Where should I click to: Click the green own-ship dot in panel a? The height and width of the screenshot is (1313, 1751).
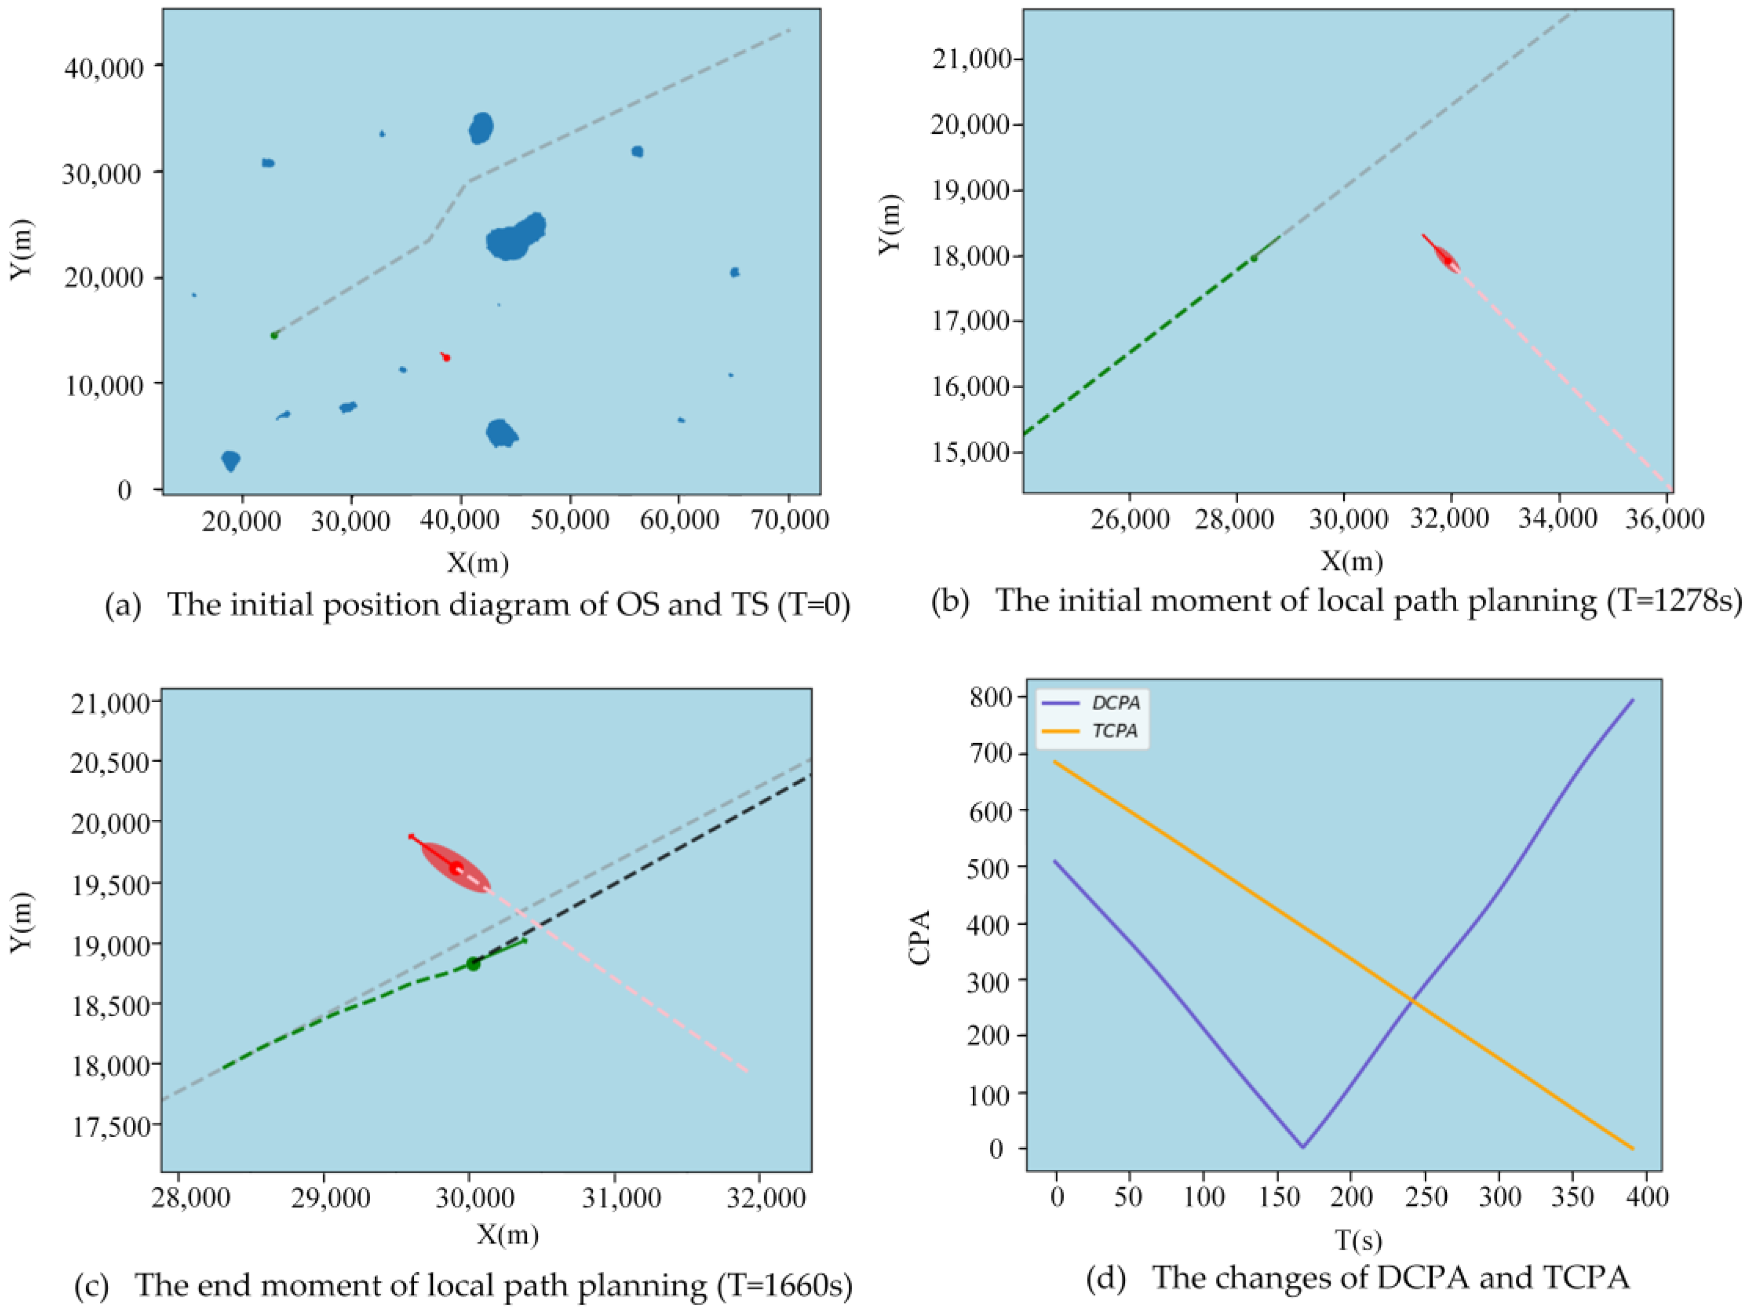274,335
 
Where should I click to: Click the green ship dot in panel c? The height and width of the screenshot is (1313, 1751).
474,963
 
